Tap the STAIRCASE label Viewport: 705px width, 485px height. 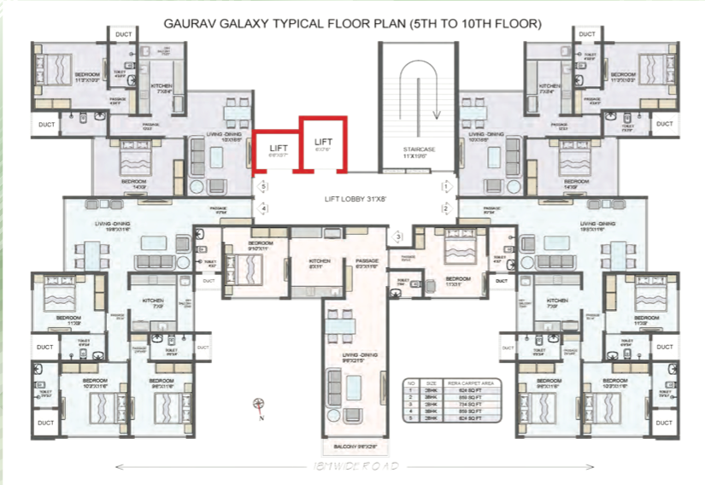419,149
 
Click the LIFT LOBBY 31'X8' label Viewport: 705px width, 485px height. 355,198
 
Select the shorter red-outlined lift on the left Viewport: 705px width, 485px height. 278,150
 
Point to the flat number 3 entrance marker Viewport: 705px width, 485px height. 397,237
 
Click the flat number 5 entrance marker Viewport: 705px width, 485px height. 264,185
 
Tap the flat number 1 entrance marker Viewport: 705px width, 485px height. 445,185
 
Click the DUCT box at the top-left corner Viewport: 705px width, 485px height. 122,35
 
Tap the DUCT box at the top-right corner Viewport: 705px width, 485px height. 588,34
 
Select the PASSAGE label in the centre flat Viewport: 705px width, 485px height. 367,260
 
